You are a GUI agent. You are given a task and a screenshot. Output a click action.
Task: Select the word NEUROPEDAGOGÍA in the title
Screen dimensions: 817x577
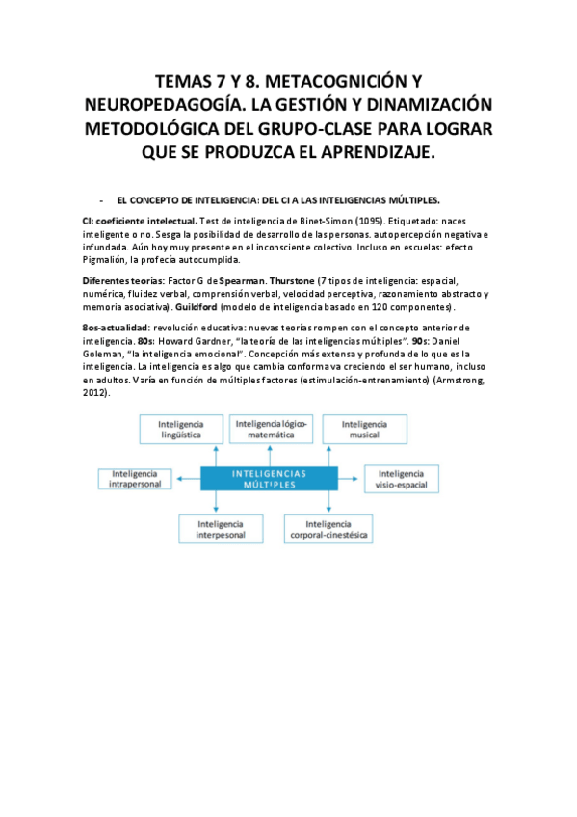[x=165, y=105]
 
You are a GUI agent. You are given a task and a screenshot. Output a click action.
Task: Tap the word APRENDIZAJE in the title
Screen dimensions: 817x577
[x=370, y=153]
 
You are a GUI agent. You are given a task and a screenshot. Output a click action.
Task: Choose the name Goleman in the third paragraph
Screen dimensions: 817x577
[x=106, y=355]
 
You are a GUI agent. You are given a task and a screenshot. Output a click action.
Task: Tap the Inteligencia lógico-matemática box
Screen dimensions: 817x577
[x=270, y=430]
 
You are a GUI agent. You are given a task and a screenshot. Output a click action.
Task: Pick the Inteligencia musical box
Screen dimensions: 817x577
[x=364, y=430]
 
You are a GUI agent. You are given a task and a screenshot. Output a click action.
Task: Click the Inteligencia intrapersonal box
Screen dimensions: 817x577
[x=136, y=480]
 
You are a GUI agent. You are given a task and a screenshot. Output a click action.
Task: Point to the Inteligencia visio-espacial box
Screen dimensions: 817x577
[x=400, y=480]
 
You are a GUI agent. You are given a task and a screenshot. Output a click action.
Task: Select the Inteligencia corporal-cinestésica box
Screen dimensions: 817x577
[x=328, y=528]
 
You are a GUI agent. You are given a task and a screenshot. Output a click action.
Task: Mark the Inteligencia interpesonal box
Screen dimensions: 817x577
[x=221, y=528]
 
